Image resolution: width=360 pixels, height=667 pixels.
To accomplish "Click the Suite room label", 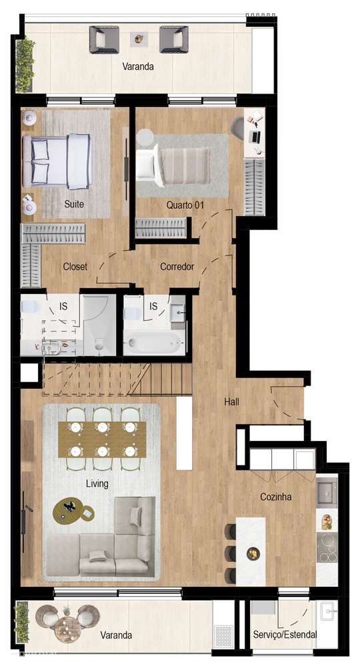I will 74,204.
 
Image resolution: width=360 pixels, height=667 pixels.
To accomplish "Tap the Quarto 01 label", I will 185,205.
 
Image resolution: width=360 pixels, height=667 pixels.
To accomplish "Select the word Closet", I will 75,267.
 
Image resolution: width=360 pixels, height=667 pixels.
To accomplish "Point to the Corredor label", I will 177,267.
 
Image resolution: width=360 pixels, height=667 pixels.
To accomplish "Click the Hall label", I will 231,402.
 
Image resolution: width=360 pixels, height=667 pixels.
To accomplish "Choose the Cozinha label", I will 275,497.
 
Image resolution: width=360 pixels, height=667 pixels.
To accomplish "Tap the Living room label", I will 97,483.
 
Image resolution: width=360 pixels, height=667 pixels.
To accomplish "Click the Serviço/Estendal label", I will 285,635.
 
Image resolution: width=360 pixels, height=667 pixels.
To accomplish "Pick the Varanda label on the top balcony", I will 138,67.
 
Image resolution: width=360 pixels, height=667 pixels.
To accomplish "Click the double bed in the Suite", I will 57,161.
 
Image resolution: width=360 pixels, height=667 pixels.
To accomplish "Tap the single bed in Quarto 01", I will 173,163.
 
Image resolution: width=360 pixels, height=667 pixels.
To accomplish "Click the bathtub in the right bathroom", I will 154,344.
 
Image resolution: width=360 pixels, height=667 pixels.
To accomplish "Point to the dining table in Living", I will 102,439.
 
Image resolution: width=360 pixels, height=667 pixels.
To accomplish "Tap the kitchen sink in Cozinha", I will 327,492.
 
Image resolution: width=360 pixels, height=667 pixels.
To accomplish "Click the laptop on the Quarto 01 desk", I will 254,136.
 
